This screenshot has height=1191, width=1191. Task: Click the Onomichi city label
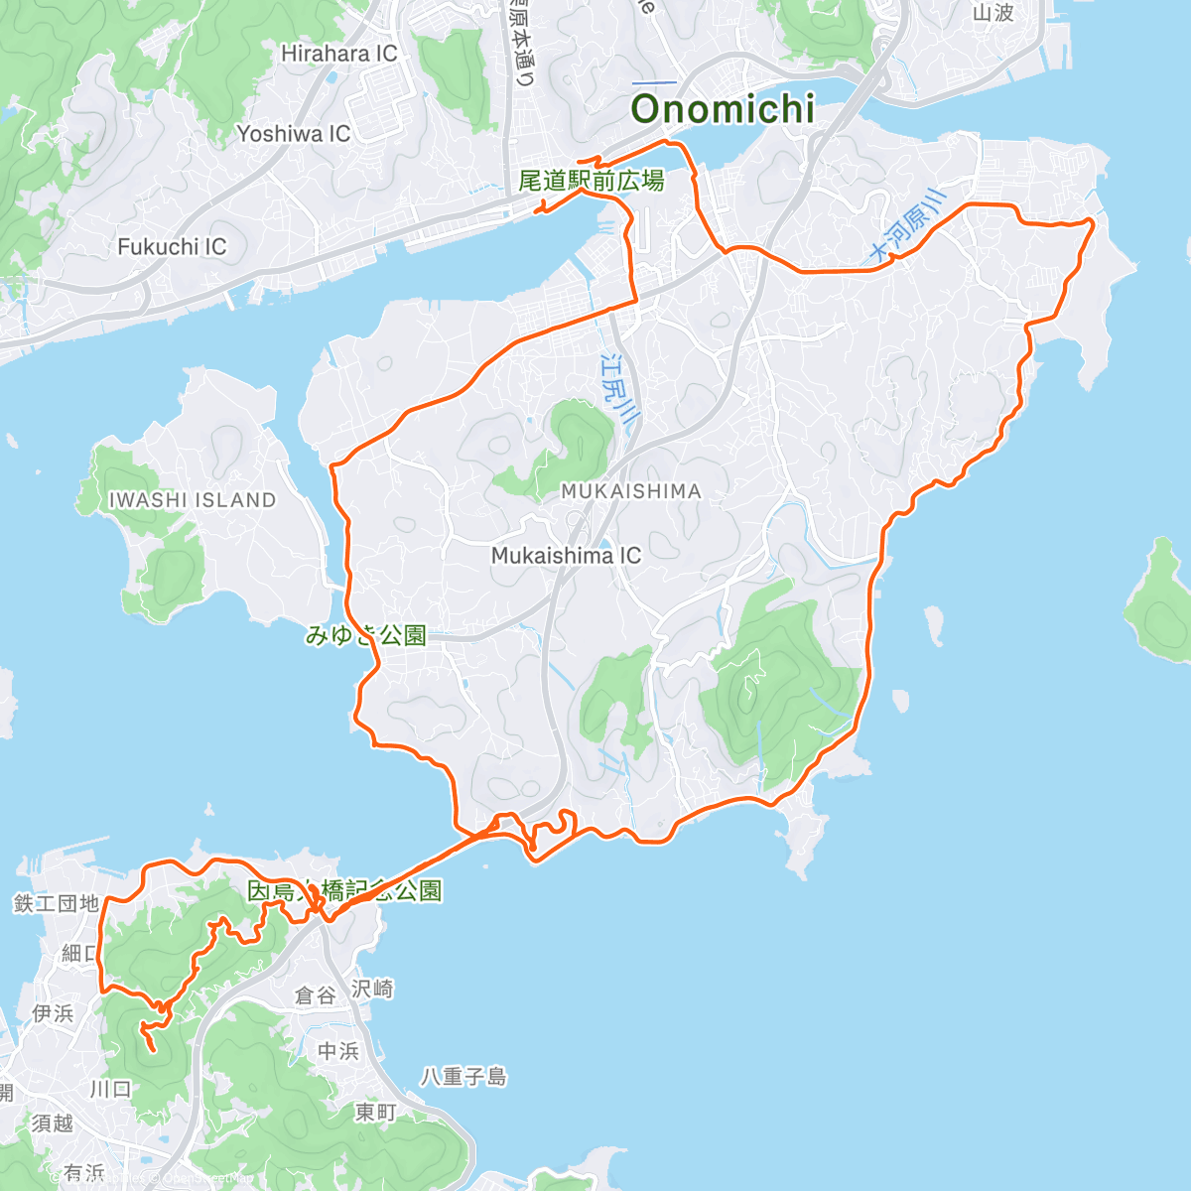coord(723,109)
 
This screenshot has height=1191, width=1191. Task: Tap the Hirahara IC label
coord(338,54)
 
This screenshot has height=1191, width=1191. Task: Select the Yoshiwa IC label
coord(293,133)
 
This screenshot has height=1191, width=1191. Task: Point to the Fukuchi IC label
coord(172,246)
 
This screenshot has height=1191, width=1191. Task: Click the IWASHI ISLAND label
coord(192,500)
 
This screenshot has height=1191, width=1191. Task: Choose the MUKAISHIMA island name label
coord(630,491)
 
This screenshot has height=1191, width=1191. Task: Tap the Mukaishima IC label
coord(566,556)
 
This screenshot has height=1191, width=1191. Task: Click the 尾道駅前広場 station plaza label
coord(591,181)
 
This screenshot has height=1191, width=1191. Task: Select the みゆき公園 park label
coord(365,635)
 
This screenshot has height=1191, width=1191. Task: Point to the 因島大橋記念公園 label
coord(344,890)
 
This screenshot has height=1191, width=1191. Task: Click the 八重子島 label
coord(463,1076)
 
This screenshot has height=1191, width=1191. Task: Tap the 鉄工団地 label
coord(57,903)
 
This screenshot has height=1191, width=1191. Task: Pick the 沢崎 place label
coord(372,989)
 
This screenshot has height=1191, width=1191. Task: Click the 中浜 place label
coord(337,1050)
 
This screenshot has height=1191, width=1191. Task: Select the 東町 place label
coord(376,1113)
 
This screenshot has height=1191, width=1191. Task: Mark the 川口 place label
coord(110,1089)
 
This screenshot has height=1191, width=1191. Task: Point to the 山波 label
coord(992,13)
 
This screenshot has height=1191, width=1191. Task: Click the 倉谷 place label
coord(317,994)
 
